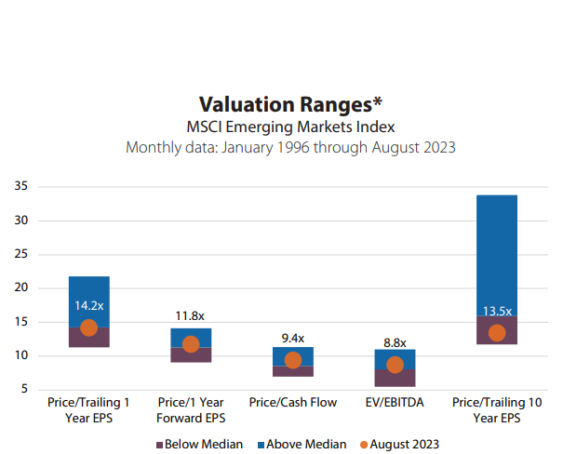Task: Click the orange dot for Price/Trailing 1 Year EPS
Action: [88, 327]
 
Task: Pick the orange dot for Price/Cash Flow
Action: [292, 360]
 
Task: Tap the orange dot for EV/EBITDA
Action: [395, 365]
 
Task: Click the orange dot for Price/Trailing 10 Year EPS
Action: [497, 332]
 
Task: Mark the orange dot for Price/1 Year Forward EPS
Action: [191, 344]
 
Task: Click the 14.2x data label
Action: [88, 304]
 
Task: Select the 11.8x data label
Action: [191, 315]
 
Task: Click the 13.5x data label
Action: [497, 311]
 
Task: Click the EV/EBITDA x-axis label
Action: [395, 403]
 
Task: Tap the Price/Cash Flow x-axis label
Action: [292, 403]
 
